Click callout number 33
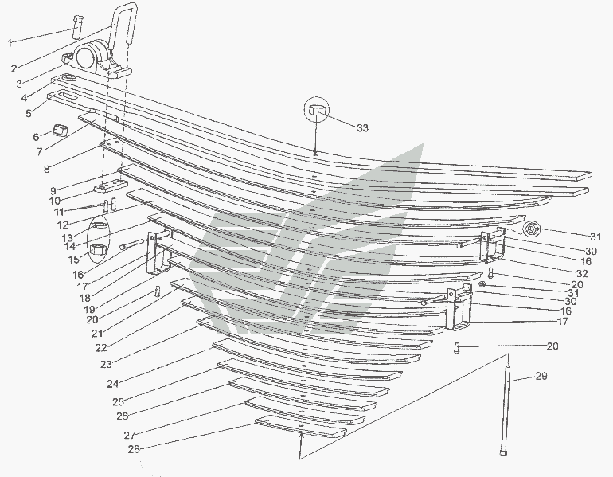coord(362,128)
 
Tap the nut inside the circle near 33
coord(316,111)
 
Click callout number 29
coord(541,376)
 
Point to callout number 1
coord(10,42)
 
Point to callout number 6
coord(36,136)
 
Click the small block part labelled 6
coord(61,130)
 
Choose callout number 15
coord(75,259)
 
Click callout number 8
coord(46,169)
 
